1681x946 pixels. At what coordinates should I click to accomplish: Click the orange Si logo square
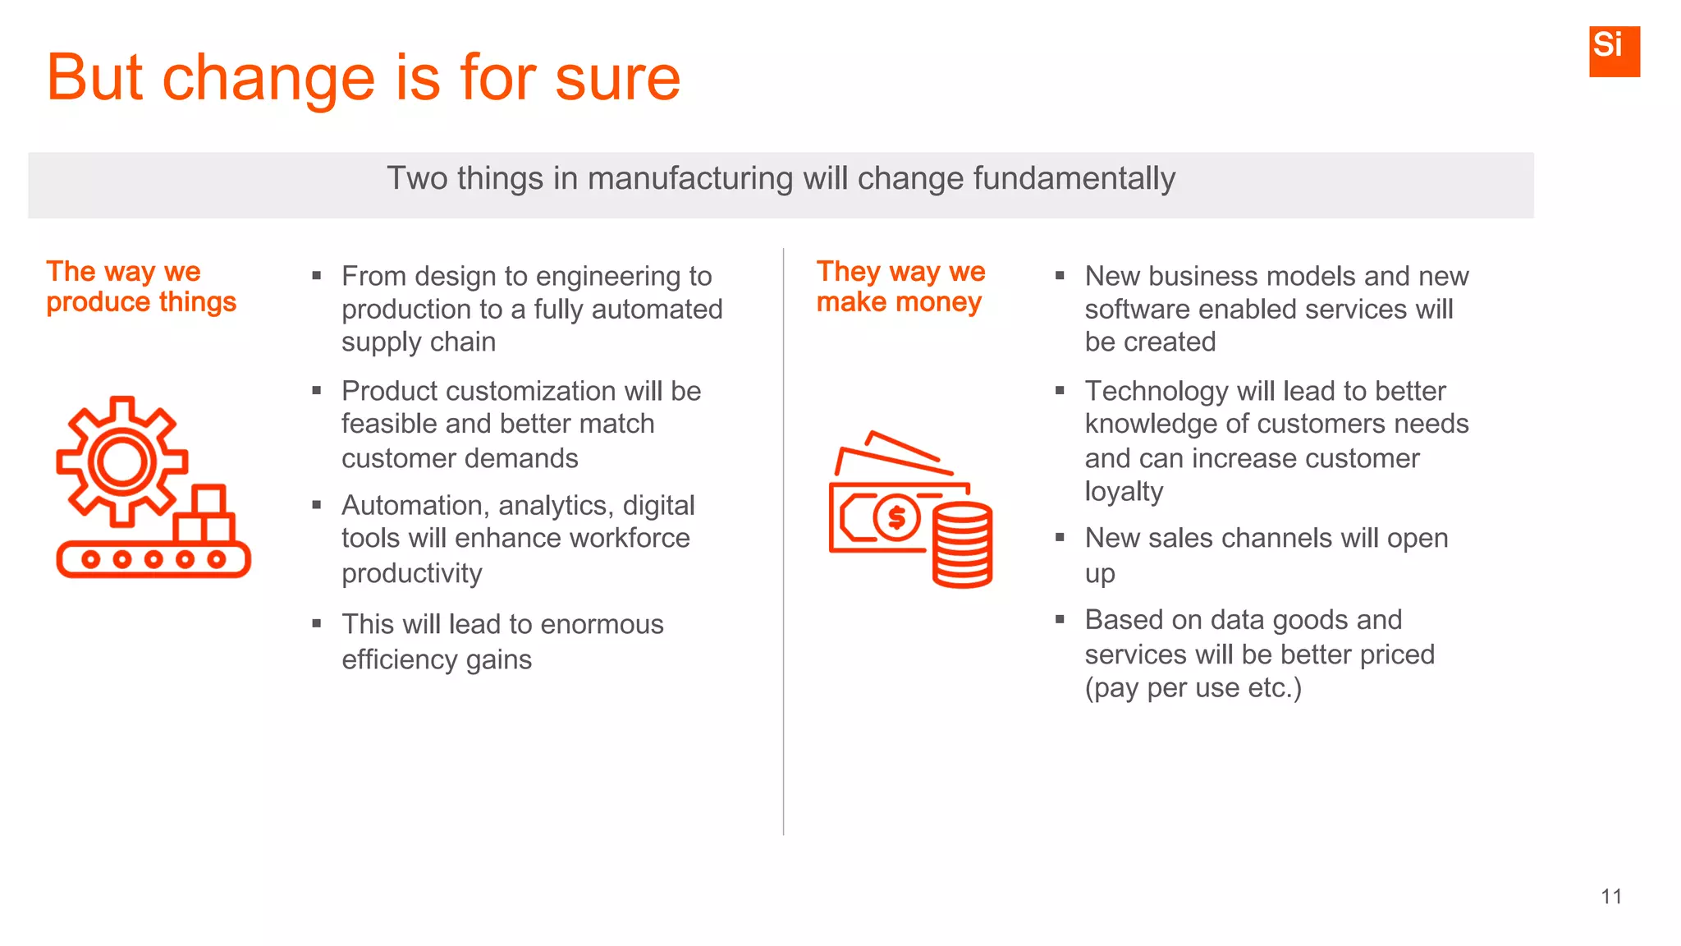point(1614,51)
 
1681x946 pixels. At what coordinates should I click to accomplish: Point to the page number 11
point(1610,897)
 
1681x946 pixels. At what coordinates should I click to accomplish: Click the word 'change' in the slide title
point(268,79)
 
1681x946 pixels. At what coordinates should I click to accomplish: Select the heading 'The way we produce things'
point(140,287)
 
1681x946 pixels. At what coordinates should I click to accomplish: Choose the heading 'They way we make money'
point(900,287)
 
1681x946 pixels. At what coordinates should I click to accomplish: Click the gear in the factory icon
point(121,462)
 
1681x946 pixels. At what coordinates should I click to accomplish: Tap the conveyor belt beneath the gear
point(153,559)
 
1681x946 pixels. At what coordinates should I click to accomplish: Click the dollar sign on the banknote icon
point(896,517)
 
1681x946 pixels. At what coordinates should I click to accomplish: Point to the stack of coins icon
point(962,545)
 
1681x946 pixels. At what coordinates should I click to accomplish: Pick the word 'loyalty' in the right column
point(1124,491)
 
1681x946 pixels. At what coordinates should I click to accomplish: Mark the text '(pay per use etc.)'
point(1193,688)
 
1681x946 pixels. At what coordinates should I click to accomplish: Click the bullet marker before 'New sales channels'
point(1060,538)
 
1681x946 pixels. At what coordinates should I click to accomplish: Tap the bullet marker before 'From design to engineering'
point(317,276)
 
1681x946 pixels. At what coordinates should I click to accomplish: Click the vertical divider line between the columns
point(784,542)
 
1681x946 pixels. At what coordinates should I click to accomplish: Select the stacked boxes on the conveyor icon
point(206,515)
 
